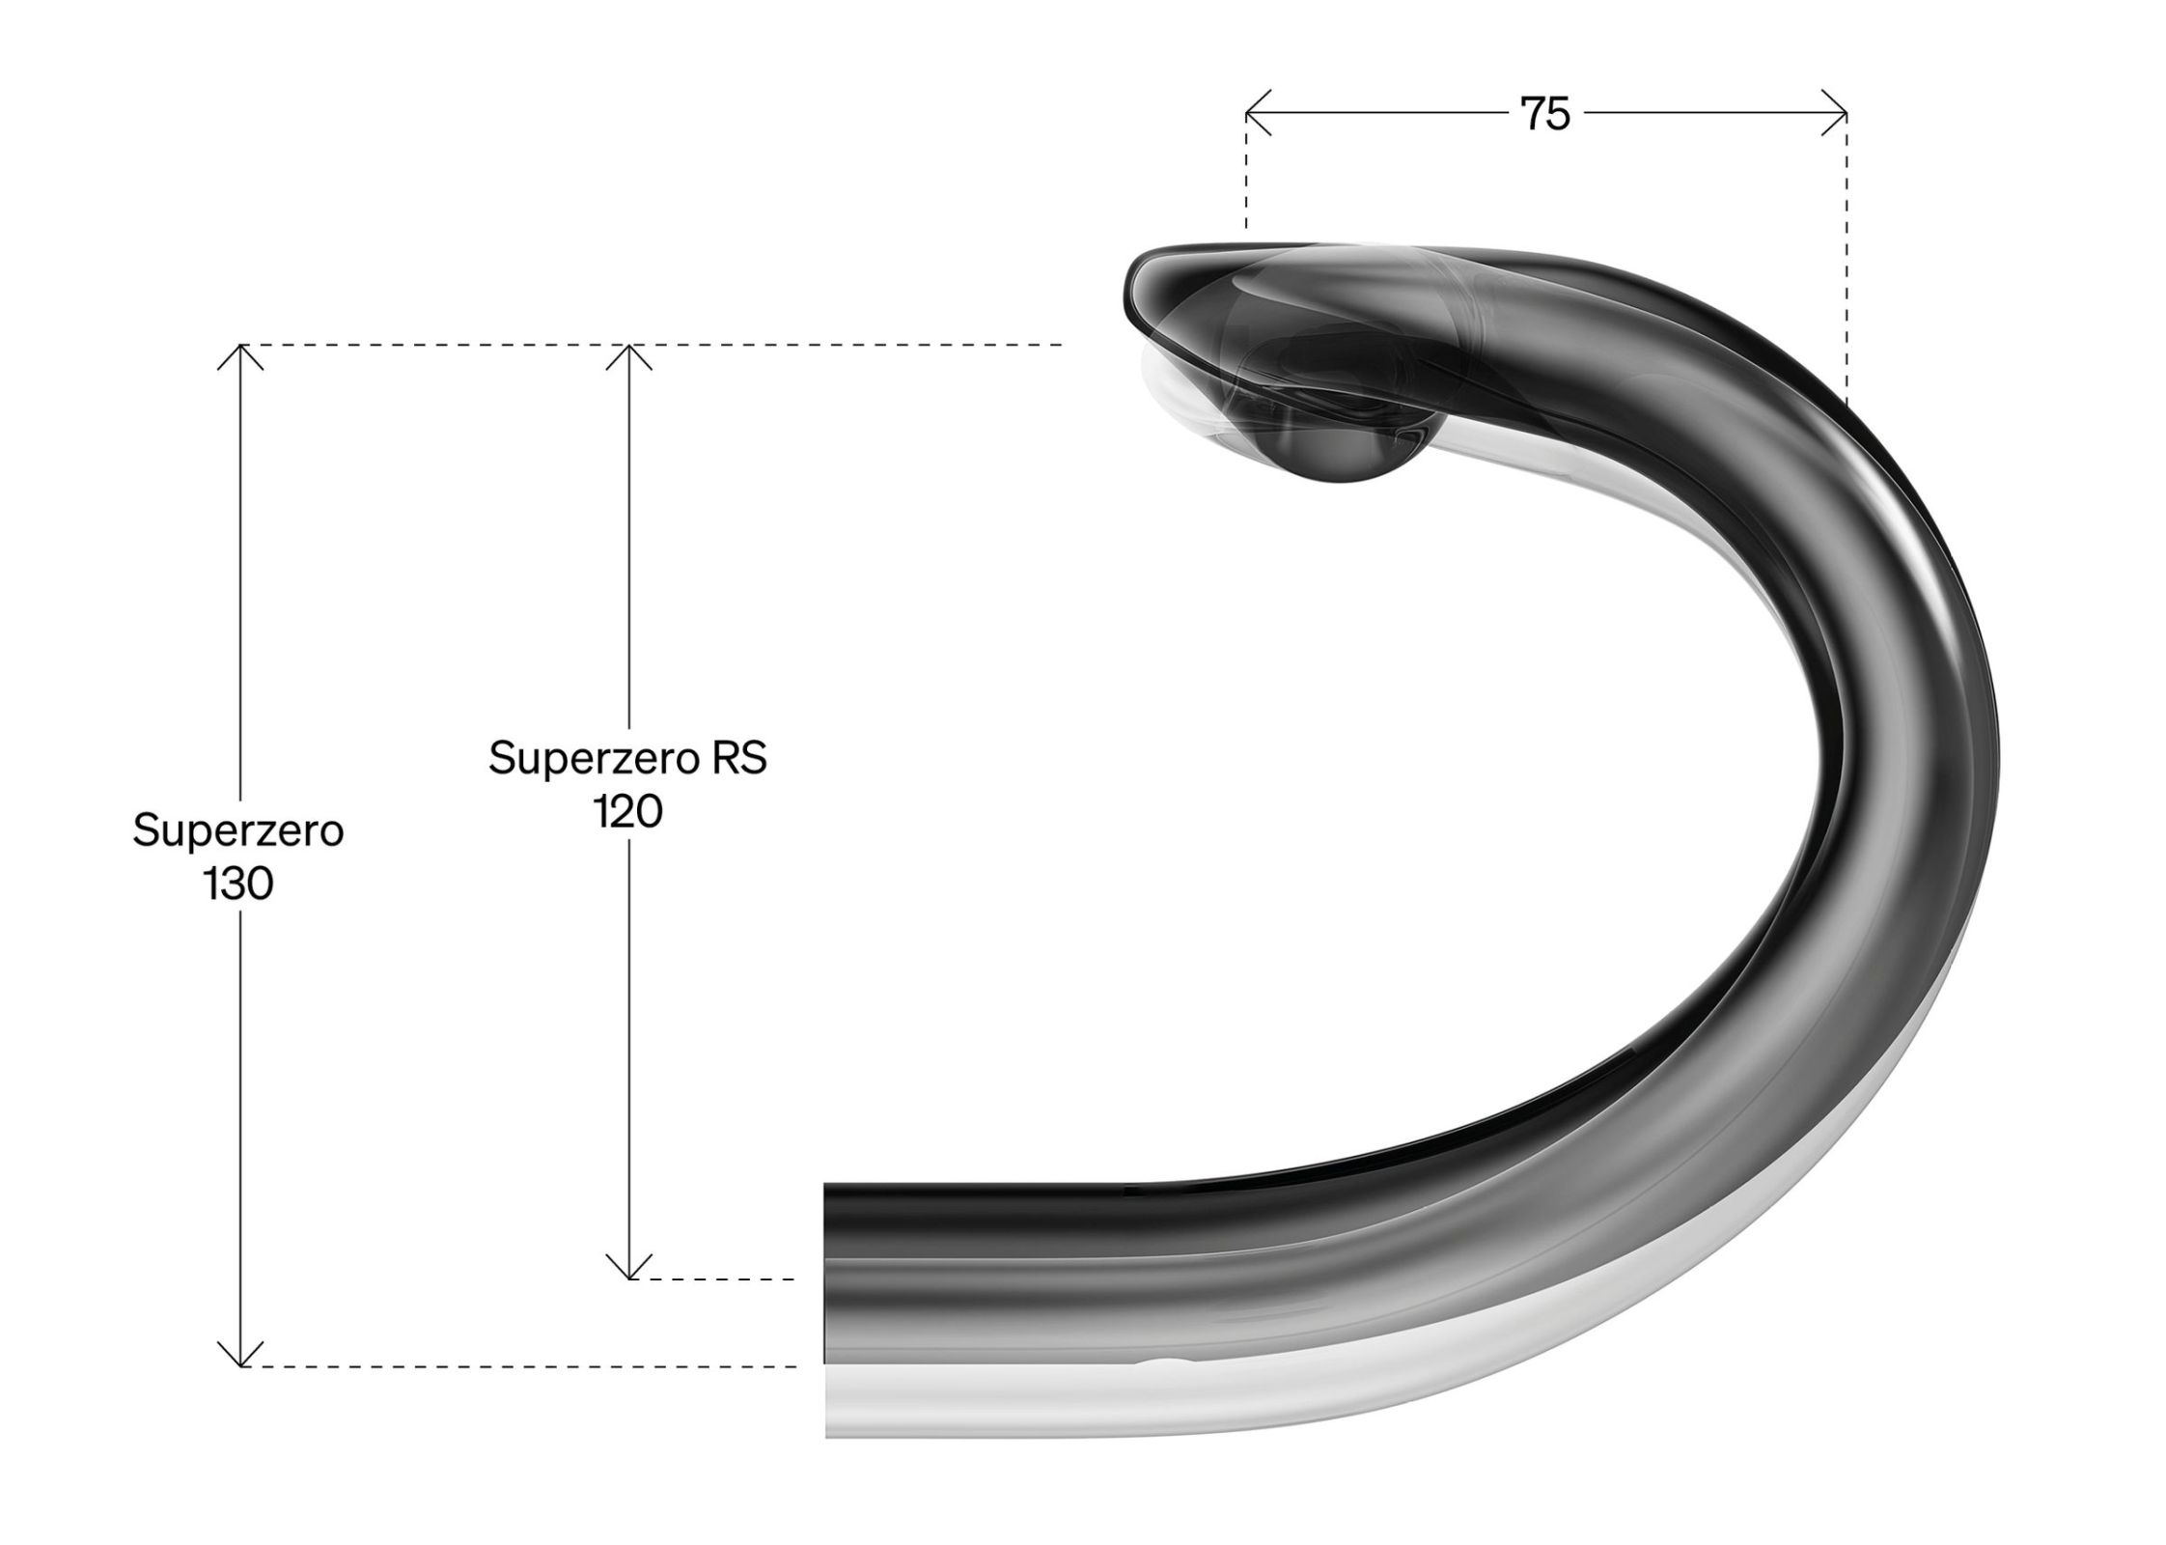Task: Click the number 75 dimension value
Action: [1544, 114]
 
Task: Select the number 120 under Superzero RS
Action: [627, 811]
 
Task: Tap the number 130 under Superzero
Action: [238, 884]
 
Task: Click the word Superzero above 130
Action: [238, 830]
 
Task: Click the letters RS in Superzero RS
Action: [739, 758]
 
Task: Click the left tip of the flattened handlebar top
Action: [1131, 290]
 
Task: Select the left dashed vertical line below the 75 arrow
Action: [1246, 183]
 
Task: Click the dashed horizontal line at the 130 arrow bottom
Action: [521, 1366]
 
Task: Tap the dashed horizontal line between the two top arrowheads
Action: [434, 345]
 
